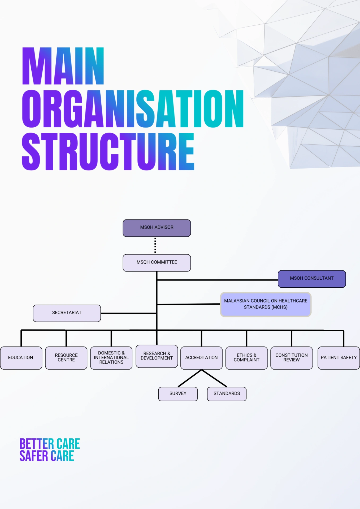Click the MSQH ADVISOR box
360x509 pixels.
[157, 228]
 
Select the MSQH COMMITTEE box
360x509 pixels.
[157, 263]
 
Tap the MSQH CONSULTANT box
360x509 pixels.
[312, 279]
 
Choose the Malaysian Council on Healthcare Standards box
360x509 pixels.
[266, 304]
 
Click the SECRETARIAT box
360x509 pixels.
[67, 313]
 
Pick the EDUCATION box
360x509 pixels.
[21, 358]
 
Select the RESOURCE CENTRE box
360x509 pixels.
[66, 358]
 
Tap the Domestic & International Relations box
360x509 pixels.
[111, 358]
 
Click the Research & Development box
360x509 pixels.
[157, 356]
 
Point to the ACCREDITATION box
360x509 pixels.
[202, 358]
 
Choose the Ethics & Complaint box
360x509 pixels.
[246, 358]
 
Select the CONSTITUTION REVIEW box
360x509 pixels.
[292, 358]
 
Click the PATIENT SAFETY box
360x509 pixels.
[339, 358]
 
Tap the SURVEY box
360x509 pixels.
[178, 394]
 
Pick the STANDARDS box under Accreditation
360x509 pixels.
[227, 394]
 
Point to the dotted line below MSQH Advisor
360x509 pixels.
[155, 245]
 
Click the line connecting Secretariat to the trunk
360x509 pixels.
[128, 313]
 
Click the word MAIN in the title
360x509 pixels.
[63, 66]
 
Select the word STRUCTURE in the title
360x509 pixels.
[108, 151]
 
